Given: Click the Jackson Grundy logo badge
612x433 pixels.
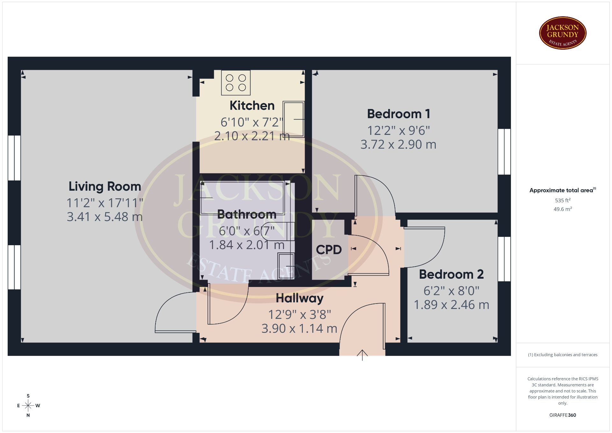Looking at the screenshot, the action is pos(563,33).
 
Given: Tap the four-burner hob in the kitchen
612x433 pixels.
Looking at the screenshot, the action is pos(236,83).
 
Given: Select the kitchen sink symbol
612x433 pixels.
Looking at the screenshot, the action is pos(294,119).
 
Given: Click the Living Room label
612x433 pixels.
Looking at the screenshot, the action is pos(105,187).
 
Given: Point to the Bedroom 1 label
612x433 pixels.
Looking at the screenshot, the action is pos(398,114).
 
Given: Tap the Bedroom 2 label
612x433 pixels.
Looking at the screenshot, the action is pos(451,274).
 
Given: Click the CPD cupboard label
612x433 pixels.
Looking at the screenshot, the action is pos(329,250).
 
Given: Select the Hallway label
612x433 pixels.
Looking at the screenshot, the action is pos(300,298).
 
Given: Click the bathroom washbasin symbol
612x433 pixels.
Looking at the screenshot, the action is pos(286,266).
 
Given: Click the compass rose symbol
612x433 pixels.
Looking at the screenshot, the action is pos(28,406).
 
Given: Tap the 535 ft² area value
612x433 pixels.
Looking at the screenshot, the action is pos(563,200).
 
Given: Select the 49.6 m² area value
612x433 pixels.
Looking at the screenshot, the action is pos(563,209).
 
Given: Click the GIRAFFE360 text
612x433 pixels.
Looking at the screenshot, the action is pos(563,415).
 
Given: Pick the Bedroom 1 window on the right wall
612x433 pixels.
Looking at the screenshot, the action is pos(504,151).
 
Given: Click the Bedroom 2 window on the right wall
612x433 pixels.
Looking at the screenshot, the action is pos(504,259).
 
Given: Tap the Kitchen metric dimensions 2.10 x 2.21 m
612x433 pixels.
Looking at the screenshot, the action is pos(252,136).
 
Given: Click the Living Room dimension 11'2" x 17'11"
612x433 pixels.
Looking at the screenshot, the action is pos(105,203).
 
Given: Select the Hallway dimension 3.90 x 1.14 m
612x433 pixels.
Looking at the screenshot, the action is pos(299,328).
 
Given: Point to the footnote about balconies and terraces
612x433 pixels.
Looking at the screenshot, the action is pos(563,355).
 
